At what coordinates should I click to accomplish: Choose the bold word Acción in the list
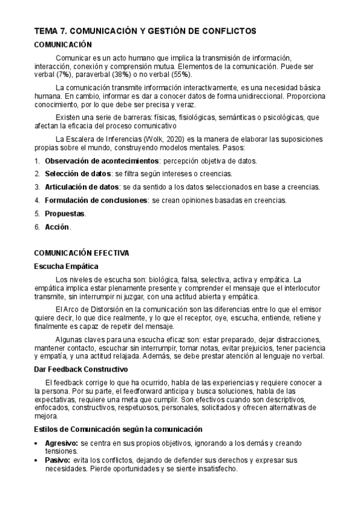pos(57,227)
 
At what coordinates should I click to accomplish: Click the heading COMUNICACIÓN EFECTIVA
pos(81,253)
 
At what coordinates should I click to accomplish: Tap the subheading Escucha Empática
pos(66,266)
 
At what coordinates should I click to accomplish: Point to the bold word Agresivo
pos(61,443)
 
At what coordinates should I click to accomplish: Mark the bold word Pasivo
pos(58,460)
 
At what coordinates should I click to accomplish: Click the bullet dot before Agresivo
pos(38,443)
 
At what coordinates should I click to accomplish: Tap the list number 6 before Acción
pos(37,227)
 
